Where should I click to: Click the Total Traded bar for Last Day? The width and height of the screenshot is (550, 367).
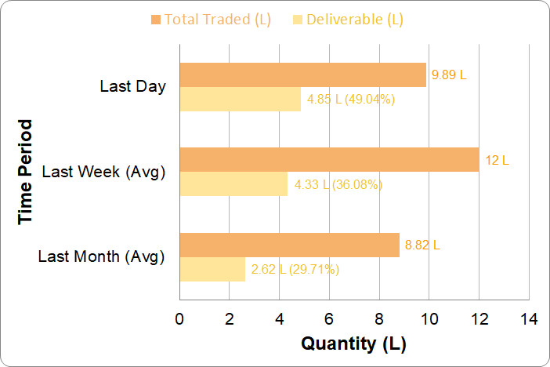[303, 75]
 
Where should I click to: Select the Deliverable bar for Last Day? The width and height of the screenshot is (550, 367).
[241, 100]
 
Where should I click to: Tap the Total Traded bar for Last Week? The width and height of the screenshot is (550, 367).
[329, 160]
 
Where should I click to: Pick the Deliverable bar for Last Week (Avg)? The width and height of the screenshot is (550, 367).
[233, 184]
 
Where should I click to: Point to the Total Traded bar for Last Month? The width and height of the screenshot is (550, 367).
[290, 245]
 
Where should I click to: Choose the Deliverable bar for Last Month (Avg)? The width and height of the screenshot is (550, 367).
[212, 269]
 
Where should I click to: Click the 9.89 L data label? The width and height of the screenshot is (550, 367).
[449, 75]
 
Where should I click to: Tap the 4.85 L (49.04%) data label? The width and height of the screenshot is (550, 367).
[350, 100]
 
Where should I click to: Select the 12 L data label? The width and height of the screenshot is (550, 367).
[497, 160]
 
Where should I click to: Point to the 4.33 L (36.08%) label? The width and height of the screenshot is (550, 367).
[338, 185]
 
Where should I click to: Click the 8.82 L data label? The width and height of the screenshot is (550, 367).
[422, 245]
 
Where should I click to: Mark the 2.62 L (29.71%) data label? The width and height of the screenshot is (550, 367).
[295, 270]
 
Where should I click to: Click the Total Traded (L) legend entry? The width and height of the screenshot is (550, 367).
[211, 20]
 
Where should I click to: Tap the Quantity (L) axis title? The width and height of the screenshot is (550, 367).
[354, 343]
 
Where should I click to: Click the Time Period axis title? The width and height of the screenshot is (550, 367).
[26, 172]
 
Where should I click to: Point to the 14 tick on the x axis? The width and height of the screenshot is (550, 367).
[529, 319]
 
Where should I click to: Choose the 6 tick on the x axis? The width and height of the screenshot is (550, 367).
[329, 319]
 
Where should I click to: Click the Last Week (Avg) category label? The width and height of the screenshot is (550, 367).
[103, 171]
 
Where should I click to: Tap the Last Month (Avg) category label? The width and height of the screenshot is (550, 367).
[101, 256]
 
